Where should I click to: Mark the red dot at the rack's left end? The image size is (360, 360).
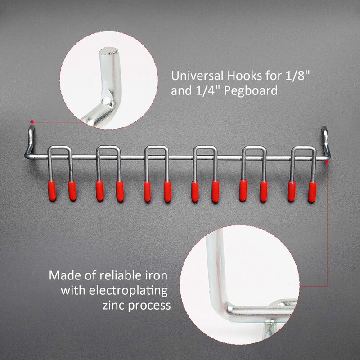pyautogui.click(x=31, y=121)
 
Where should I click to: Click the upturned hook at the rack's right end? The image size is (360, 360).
pyautogui.click(x=326, y=137)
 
